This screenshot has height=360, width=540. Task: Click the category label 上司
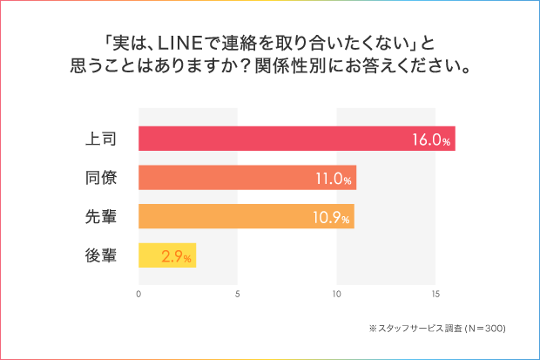[101, 138]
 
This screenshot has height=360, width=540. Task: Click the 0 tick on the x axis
[139, 294]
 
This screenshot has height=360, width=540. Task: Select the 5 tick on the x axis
[238, 294]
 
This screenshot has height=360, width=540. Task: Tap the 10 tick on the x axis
[337, 294]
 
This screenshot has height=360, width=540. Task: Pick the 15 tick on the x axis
[435, 294]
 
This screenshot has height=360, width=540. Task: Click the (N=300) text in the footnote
[477, 329]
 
